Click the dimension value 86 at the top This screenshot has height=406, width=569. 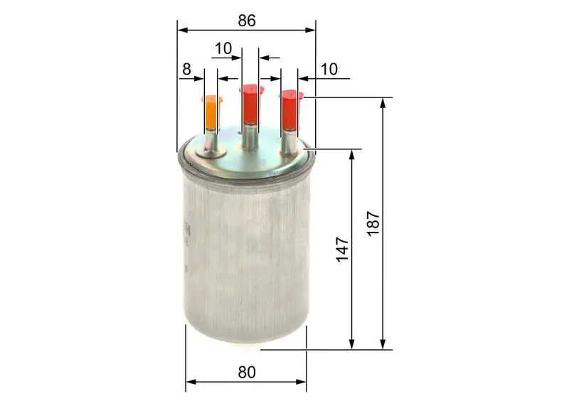[247, 20]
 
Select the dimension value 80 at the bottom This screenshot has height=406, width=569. [246, 372]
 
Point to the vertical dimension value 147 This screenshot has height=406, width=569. [343, 250]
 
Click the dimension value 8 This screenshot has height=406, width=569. [186, 69]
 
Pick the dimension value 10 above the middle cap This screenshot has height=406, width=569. [223, 48]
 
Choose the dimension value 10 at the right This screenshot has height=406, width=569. [329, 69]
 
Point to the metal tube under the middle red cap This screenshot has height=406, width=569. [250, 134]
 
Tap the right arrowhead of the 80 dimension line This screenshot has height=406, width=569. [302, 383]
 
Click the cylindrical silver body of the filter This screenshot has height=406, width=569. [245, 256]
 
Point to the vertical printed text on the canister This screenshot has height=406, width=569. [187, 231]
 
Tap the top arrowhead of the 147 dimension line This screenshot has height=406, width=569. [352, 154]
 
